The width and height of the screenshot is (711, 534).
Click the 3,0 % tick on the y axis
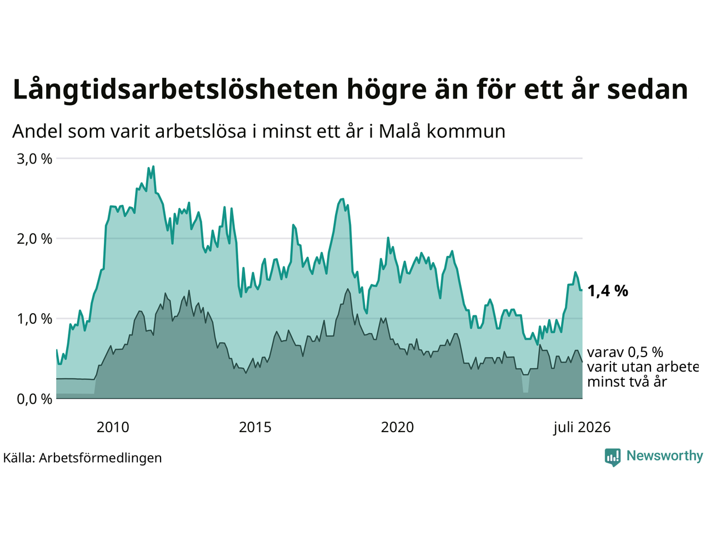point(34,159)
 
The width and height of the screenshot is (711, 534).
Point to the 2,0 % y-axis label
point(34,239)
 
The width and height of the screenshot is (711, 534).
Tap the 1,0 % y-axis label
point(34,319)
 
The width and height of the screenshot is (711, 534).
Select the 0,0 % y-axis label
point(34,399)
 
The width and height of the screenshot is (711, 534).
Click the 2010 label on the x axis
point(113,427)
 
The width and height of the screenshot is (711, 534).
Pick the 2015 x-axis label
point(255,427)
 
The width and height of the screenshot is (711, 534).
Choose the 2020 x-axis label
point(397,427)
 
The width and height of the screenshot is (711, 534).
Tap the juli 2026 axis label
point(582,428)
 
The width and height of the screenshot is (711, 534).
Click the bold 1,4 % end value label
point(608,291)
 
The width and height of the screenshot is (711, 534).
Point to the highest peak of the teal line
point(153,166)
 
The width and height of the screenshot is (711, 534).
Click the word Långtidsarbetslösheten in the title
point(175,90)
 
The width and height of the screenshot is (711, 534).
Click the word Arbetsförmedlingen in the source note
point(101,458)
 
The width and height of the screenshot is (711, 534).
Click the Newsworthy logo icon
point(613,457)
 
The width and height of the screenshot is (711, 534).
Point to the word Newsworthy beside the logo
point(665,456)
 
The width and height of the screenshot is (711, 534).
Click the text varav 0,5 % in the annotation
point(625,352)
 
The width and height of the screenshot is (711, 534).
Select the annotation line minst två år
point(627,382)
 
